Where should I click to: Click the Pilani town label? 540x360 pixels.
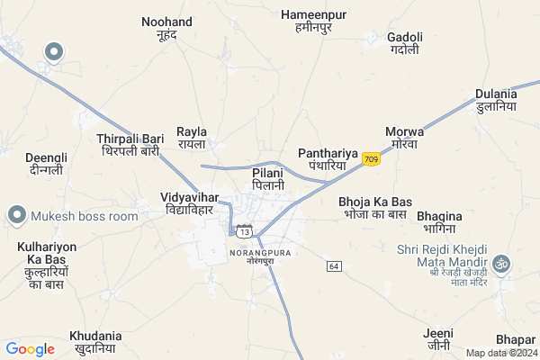[267, 177]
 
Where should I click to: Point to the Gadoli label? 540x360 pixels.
[404, 43]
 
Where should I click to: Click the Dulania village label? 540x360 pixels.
[496, 100]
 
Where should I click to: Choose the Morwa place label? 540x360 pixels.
[403, 138]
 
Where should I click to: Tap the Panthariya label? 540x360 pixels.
[328, 159]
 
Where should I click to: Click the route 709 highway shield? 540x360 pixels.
[372, 159]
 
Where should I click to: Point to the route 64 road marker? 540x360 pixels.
[334, 266]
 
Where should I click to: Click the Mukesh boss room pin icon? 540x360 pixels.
[16, 215]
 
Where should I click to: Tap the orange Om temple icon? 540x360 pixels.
[504, 262]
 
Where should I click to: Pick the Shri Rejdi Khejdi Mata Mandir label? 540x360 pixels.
[445, 261]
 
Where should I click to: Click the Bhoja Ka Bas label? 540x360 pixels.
[374, 207]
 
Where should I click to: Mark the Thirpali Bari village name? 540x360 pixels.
[130, 145]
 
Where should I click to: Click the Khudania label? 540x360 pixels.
[95, 341]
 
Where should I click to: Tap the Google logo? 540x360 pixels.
[30, 349]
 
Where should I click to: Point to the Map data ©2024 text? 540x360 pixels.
[501, 353]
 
